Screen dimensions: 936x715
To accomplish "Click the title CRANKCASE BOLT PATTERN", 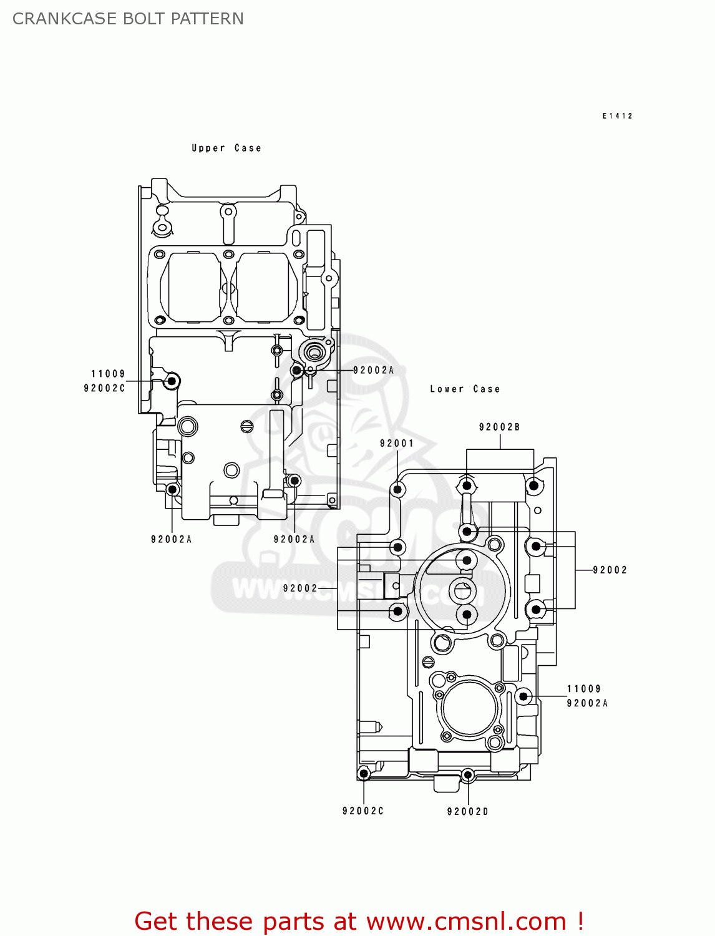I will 128,19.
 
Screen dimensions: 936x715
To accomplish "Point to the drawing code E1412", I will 617,116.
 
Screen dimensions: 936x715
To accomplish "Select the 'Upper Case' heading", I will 226,148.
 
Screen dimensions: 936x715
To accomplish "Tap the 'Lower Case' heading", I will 465,389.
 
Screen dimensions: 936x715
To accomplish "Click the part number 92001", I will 397,443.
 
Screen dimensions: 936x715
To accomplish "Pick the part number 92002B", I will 499,427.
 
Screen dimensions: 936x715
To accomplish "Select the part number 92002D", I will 467,811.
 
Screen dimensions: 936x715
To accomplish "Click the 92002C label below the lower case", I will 363,811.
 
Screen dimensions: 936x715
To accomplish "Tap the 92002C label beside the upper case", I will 104,388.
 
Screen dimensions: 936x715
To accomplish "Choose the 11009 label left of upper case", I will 108,374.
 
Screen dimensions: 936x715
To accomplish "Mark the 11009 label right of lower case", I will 583,689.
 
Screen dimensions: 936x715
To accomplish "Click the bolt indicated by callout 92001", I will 397,489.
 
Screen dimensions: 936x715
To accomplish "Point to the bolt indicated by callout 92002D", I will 467,775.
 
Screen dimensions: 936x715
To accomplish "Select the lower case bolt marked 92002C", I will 364,774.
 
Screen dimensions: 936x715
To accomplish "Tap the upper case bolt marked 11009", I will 172,381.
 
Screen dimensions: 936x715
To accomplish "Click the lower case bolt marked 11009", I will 524,696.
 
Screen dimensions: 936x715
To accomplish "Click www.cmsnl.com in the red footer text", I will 466,921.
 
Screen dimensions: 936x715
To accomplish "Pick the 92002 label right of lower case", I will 610,570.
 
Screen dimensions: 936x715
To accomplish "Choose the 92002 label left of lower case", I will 300,588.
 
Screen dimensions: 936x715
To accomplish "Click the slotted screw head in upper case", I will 247,427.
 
